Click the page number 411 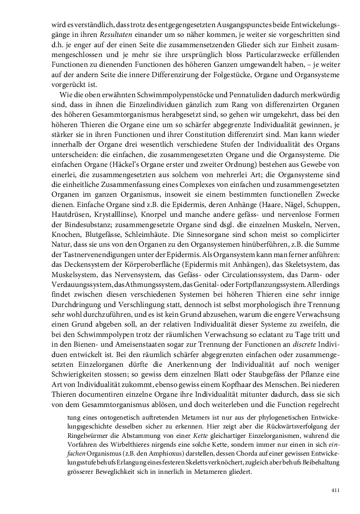click(x=335, y=490)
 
